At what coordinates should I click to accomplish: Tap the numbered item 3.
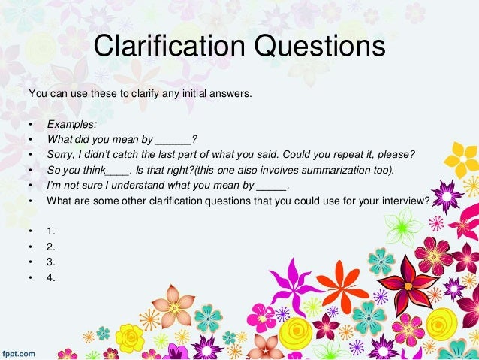(x=50, y=262)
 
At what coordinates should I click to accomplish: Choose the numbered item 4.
(x=50, y=278)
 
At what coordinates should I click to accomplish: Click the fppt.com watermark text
(x=20, y=352)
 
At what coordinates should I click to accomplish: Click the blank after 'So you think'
(x=118, y=173)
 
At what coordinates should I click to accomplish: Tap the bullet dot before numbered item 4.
(x=30, y=279)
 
